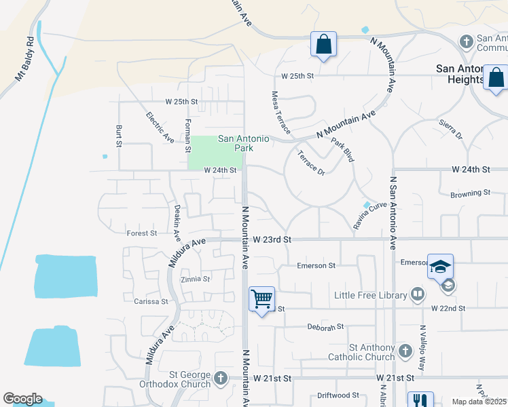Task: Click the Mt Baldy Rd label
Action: tap(25, 58)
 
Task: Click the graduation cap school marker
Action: tap(440, 267)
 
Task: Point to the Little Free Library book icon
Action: tap(418, 294)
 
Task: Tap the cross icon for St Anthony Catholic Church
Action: tap(405, 351)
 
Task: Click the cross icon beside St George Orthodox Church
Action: tap(220, 379)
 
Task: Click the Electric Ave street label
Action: tap(160, 127)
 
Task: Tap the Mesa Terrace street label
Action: tap(280, 113)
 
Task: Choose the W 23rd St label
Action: tap(272, 239)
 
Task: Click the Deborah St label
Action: tap(321, 327)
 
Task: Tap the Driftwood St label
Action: tap(338, 395)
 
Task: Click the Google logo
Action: tap(22, 399)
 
